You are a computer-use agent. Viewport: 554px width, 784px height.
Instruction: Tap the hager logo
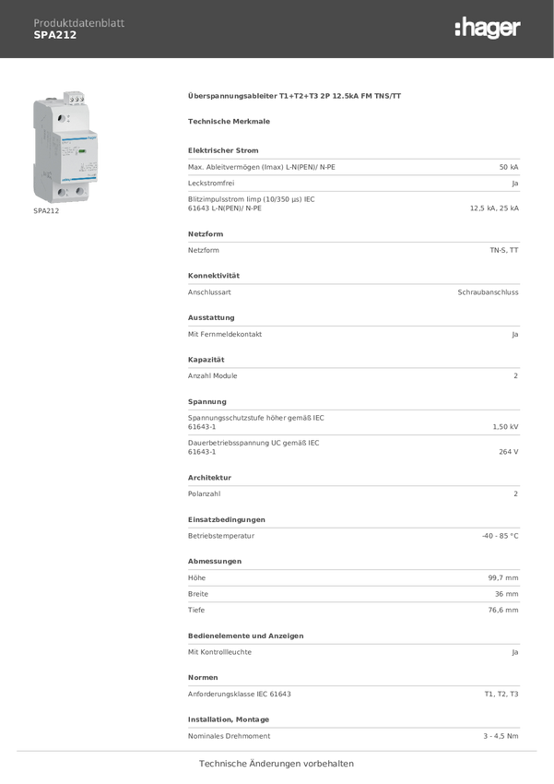click(487, 29)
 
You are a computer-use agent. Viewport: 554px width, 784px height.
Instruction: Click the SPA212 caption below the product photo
click(46, 211)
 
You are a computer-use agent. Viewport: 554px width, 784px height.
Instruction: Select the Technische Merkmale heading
click(229, 121)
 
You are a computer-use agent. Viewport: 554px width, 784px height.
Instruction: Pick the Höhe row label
click(197, 577)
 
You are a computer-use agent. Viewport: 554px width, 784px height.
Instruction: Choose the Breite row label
click(198, 594)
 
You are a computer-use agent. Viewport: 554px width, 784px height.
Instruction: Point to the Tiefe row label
click(196, 611)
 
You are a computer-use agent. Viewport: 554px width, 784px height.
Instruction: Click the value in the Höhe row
click(503, 577)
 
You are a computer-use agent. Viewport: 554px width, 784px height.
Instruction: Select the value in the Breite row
click(506, 594)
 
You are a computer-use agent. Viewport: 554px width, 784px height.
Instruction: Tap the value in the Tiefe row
click(503, 611)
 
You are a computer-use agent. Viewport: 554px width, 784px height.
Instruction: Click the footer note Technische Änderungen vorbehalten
click(277, 764)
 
